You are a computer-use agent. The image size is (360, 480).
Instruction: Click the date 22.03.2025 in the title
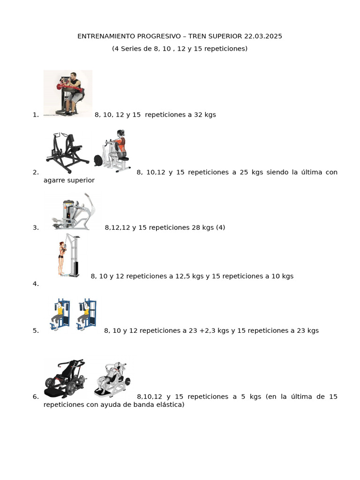[263, 36]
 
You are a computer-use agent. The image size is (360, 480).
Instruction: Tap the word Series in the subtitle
[130, 49]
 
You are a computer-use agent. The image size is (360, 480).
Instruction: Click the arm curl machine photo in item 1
[67, 93]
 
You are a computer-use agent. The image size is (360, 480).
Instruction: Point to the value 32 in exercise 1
[198, 115]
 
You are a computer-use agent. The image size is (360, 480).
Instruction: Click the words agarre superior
[69, 180]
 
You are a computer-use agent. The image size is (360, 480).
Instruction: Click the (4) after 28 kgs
[220, 227]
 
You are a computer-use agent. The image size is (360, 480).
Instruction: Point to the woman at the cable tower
[62, 259]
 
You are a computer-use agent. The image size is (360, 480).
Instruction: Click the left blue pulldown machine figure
[60, 315]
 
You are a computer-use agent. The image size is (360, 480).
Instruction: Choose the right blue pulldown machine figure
[87, 315]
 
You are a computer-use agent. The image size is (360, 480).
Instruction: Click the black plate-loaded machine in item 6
[65, 378]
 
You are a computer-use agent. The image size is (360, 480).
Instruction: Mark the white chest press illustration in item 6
[112, 379]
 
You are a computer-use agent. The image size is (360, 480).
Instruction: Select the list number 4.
[36, 284]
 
